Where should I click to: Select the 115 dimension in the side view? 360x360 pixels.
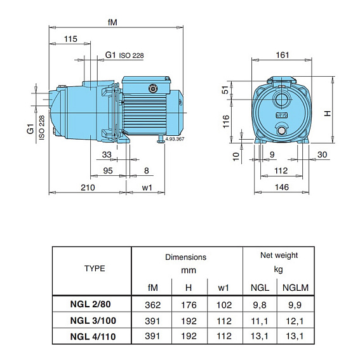click(x=71, y=39)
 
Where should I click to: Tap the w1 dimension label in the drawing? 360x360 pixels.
click(x=147, y=187)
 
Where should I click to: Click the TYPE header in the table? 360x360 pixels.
click(x=95, y=268)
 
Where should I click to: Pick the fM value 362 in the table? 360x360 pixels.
click(x=152, y=305)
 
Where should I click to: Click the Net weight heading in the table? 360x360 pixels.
click(x=279, y=255)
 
